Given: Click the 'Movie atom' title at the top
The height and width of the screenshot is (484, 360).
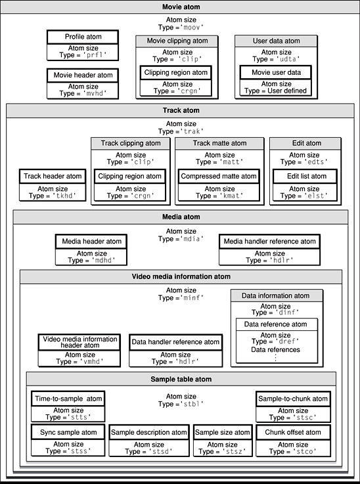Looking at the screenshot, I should pos(180,7).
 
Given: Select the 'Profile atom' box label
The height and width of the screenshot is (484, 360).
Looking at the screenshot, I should pos(83,37).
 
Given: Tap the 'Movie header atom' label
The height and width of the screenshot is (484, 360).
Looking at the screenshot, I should pos(83,76).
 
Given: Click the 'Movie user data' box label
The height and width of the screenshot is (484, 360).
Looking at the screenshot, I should pos(275,72).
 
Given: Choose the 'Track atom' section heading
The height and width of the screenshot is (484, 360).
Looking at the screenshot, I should pos(180,110).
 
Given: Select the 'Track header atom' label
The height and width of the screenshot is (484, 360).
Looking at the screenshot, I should pos(53,176).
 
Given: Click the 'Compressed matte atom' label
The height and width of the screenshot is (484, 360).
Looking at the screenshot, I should pos(219,176).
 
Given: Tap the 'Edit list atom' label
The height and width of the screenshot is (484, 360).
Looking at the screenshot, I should pos(305,176).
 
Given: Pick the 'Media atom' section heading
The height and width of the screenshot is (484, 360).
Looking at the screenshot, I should pos(180,217).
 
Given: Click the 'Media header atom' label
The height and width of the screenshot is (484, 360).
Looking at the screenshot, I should pos(90,241).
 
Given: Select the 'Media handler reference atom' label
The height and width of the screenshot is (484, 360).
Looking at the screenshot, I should pos(269,241).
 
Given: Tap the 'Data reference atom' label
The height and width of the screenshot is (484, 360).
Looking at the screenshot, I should pos(275,324).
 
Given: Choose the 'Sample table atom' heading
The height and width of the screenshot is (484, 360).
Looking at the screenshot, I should pos(180,380).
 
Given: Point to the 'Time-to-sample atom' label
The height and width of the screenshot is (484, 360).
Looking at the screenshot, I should pos(68,399).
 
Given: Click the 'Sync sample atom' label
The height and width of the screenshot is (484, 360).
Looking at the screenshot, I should pos(68,432).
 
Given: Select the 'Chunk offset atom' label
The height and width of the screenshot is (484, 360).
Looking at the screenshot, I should pos(292,432).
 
